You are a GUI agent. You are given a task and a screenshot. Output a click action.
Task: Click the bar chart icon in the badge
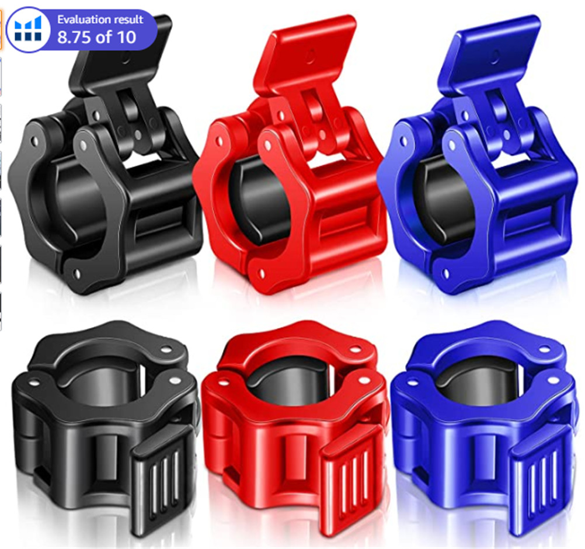(x=29, y=29)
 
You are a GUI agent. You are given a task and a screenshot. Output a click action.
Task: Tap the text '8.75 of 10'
(x=96, y=37)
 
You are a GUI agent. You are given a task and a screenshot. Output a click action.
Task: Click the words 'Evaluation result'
(x=100, y=19)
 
